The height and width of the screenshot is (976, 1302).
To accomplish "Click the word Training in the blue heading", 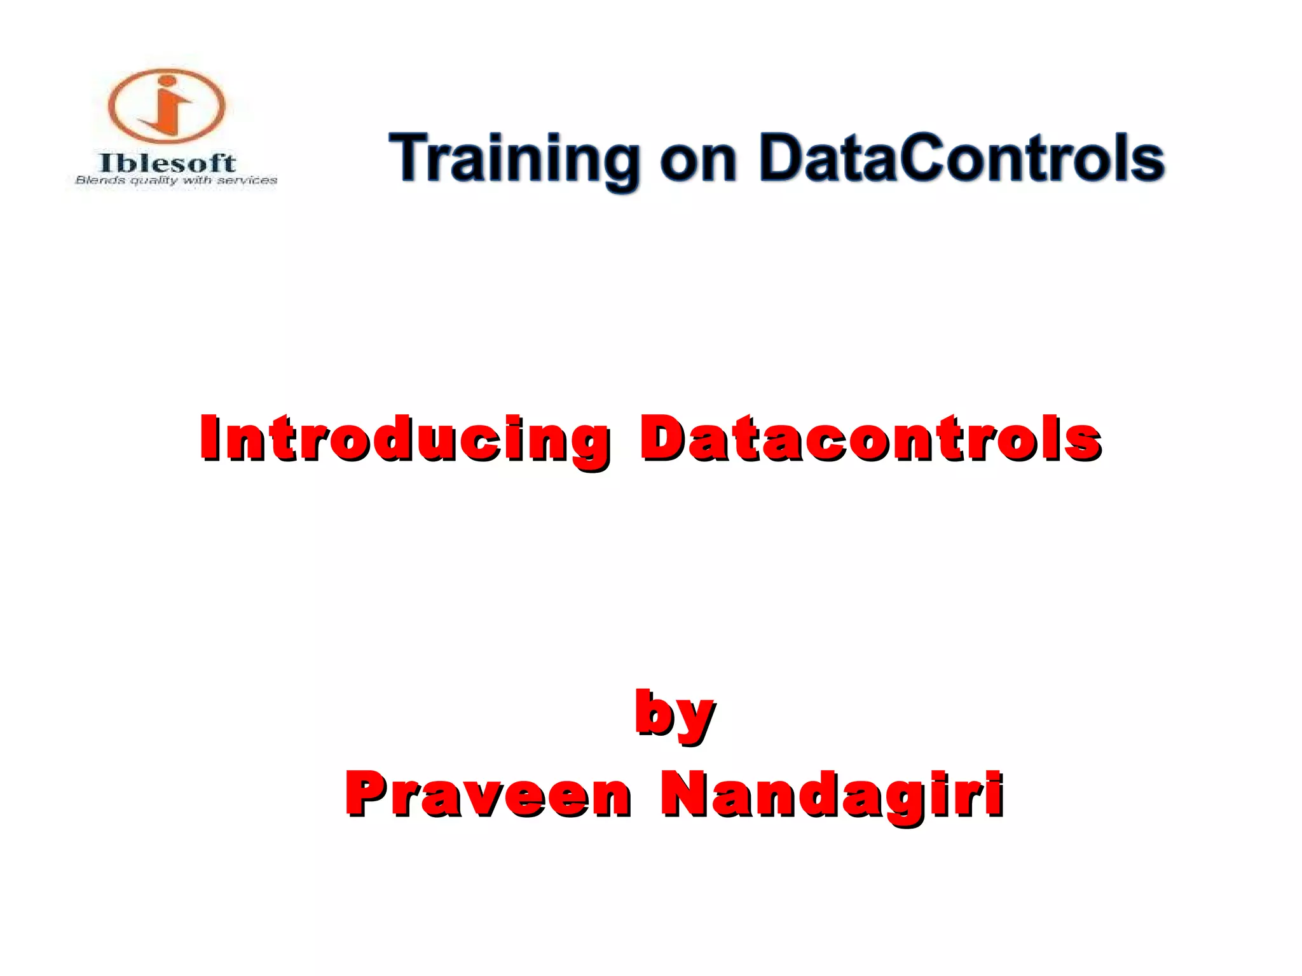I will (515, 159).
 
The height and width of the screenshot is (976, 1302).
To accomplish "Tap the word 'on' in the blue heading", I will (698, 160).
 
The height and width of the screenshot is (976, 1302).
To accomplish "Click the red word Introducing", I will (404, 438).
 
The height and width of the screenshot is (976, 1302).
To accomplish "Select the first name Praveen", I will (488, 794).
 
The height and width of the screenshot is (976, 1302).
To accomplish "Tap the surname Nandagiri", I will (832, 794).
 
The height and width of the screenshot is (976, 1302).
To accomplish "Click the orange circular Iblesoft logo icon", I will (167, 105).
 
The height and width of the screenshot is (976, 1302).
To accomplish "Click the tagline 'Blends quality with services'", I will (176, 180).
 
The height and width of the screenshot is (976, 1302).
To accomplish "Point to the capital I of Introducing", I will (210, 437).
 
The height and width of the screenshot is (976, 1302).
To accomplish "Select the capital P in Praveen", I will (366, 793).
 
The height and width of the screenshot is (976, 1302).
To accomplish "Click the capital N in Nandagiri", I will (683, 793).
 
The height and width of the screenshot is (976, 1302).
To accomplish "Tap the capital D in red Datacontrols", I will (661, 437).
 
